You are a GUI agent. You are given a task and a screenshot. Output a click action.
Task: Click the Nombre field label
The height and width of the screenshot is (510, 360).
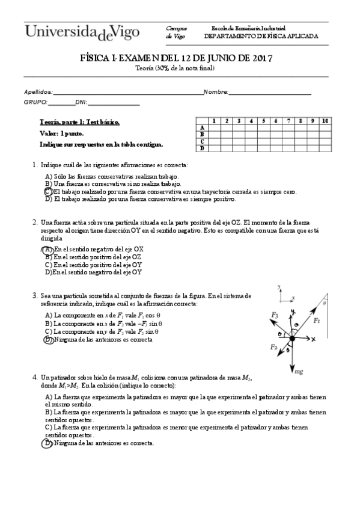tap(216, 92)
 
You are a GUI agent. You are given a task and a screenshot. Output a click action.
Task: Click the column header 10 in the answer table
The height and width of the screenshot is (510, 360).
tap(325, 121)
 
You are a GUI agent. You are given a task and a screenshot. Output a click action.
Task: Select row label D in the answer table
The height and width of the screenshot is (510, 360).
tap(203, 148)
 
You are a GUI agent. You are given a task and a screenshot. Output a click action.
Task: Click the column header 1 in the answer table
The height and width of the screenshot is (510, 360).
tap(213, 121)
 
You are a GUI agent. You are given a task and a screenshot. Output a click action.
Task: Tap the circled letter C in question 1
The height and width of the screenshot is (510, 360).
tap(48, 191)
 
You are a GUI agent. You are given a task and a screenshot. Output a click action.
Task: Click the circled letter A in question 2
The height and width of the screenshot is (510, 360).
tap(48, 248)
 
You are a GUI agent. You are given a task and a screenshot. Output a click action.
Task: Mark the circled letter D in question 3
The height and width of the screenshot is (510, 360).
tap(48, 339)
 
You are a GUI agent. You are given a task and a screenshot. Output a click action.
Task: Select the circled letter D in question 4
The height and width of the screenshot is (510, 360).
tap(48, 443)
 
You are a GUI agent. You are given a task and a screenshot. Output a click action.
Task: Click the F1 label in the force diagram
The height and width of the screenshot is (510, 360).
tap(317, 321)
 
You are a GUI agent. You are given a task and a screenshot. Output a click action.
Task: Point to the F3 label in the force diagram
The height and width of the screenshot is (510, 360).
tap(274, 315)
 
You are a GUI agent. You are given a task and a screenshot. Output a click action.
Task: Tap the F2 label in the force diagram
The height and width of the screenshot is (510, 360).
tap(273, 347)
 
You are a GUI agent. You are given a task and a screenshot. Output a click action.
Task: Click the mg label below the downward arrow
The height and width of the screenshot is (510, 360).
tap(299, 372)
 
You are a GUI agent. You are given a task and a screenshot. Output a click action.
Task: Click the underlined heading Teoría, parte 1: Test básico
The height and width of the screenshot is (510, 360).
tap(79, 122)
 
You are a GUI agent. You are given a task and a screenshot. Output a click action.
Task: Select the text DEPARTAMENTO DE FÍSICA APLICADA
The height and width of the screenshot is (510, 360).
tap(261, 36)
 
